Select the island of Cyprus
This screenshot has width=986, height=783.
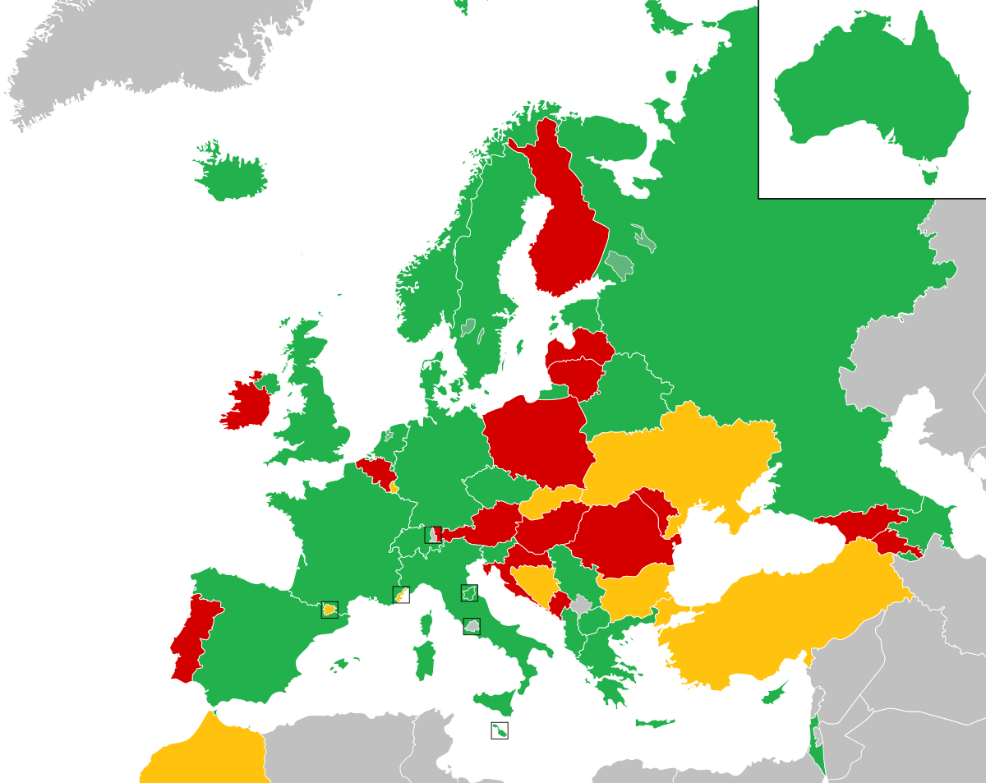654,723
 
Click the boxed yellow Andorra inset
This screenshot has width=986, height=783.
329,610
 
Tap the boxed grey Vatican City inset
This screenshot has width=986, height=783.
472,626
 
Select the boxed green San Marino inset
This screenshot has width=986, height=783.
469,593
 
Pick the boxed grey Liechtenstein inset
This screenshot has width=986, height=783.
433,535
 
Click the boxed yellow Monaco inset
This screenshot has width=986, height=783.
401,595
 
